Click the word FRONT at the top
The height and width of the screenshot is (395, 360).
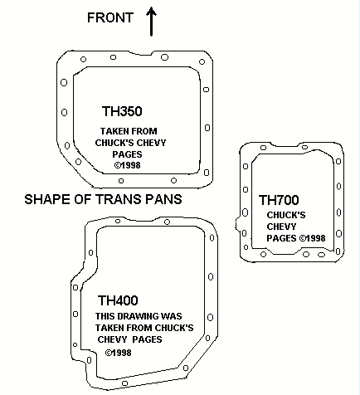[x=110, y=17]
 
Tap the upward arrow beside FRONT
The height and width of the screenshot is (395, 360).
[x=151, y=22]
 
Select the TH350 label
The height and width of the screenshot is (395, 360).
[x=122, y=111]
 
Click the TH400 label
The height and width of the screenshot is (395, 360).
[x=118, y=300]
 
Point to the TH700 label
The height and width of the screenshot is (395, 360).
[x=279, y=200]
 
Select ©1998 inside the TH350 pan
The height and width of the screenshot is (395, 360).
[x=127, y=165]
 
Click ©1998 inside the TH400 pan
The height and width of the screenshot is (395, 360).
[x=118, y=353]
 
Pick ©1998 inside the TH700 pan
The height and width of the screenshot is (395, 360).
[x=313, y=238]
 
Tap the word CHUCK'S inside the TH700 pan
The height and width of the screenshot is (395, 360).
[x=286, y=215]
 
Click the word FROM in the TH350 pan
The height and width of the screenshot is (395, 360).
[x=144, y=131]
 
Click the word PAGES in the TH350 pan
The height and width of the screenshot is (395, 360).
[x=127, y=154]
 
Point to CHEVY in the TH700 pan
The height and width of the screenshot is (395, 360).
[x=281, y=227]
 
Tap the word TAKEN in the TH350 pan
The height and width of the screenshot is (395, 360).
[x=114, y=131]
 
